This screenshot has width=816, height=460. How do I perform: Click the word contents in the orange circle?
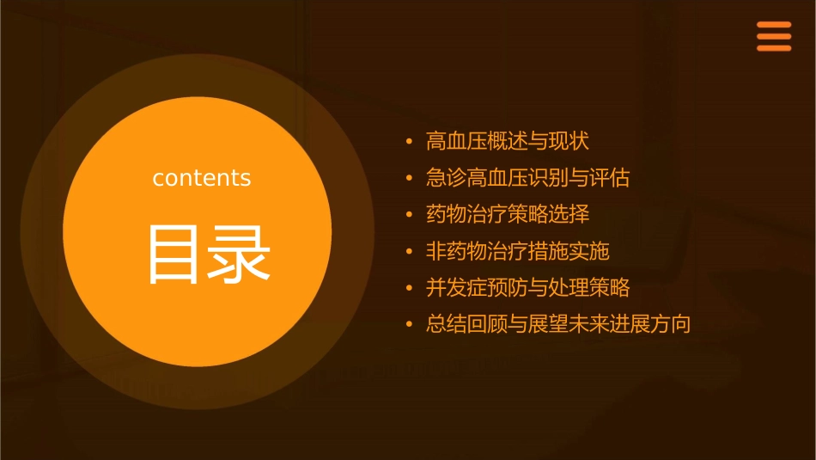click(202, 178)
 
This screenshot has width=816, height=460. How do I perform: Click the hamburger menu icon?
click(774, 37)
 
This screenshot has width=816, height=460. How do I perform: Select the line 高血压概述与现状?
click(508, 141)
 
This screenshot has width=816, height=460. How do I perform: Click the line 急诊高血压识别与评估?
click(527, 178)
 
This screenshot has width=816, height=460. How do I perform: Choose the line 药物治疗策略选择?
click(508, 214)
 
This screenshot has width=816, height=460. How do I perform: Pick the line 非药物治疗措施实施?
click(517, 251)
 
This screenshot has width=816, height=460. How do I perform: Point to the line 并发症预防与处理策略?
click(527, 287)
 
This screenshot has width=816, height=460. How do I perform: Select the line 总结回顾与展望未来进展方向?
click(558, 324)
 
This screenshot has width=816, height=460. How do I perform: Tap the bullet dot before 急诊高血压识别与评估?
click(410, 179)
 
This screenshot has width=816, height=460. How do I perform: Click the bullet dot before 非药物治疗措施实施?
click(410, 252)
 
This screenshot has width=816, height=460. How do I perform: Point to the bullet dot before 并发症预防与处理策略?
click(410, 288)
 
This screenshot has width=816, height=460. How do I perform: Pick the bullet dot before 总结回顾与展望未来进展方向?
click(410, 325)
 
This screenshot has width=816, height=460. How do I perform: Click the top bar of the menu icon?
click(774, 25)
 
